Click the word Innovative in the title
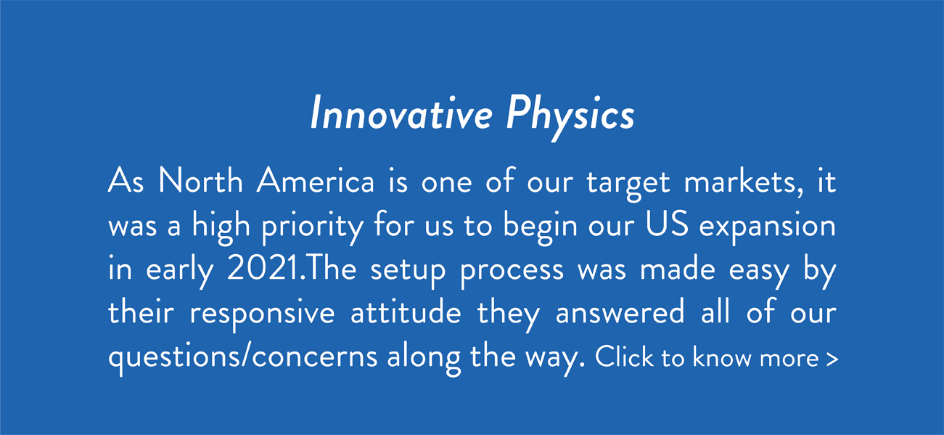(x=401, y=113)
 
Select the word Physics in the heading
(x=570, y=117)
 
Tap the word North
(x=200, y=180)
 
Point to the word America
(x=315, y=180)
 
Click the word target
(x=628, y=184)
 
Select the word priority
(x=312, y=228)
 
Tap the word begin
(x=541, y=228)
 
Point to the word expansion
(x=768, y=228)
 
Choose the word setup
(x=408, y=272)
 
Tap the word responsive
(x=262, y=316)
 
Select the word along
(x=424, y=359)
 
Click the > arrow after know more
(x=832, y=359)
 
